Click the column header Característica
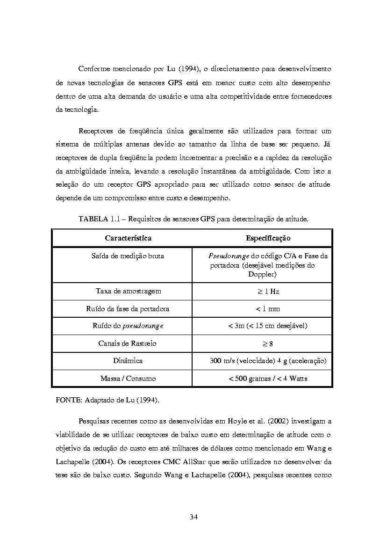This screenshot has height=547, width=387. [128, 238]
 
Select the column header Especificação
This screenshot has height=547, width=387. [268, 238]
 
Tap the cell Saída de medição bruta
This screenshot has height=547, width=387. [128, 256]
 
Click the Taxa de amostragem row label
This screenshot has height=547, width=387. [128, 291]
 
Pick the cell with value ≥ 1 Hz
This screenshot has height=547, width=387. [268, 291]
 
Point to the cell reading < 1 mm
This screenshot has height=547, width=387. [268, 309]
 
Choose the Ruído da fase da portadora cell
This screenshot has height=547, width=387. [128, 309]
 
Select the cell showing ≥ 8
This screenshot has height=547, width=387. [268, 343]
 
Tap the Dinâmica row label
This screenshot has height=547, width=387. [128, 361]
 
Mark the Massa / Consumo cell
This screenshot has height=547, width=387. [128, 378]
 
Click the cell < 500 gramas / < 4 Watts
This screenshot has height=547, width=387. [268, 378]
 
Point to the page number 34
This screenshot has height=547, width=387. [194, 517]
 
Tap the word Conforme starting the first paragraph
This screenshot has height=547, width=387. [94, 69]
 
